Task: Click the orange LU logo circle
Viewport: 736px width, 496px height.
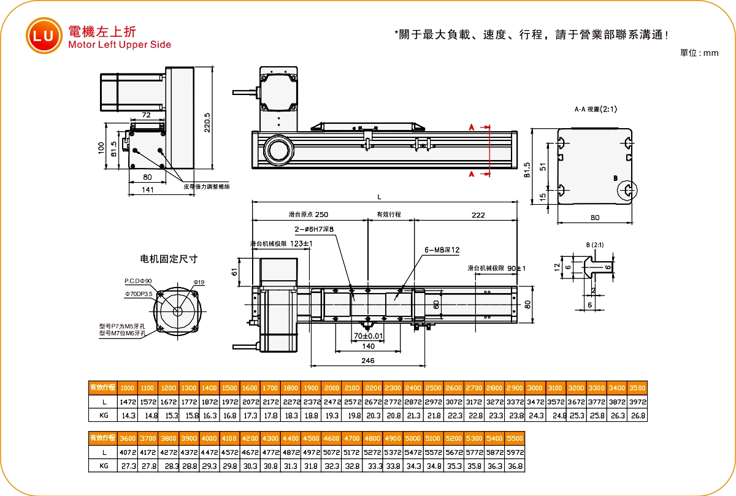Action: pos(43,35)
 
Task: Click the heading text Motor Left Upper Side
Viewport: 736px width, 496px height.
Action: pos(120,45)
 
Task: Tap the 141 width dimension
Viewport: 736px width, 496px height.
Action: pos(147,190)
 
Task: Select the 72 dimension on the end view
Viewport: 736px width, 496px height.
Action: pos(146,115)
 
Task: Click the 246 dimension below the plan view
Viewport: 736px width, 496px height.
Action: pos(367,361)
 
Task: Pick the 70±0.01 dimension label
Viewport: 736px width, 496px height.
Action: pos(368,336)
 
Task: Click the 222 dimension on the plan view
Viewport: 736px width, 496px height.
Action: pos(478,215)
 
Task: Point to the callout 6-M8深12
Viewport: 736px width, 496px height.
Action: pos(442,250)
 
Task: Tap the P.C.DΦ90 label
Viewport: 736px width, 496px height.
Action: pos(139,281)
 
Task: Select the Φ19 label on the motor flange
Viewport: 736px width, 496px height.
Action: pos(199,282)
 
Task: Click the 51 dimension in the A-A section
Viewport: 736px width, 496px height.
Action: pos(543,167)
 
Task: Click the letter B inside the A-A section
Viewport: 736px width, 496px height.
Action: pos(615,178)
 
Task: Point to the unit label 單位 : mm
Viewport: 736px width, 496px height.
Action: pos(699,53)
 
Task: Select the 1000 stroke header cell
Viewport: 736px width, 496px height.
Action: pos(127,388)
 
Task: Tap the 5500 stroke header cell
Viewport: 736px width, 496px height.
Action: pos(515,439)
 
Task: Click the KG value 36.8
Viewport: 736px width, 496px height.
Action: pos(515,467)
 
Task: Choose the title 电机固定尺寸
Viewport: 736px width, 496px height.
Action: pos(169,259)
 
